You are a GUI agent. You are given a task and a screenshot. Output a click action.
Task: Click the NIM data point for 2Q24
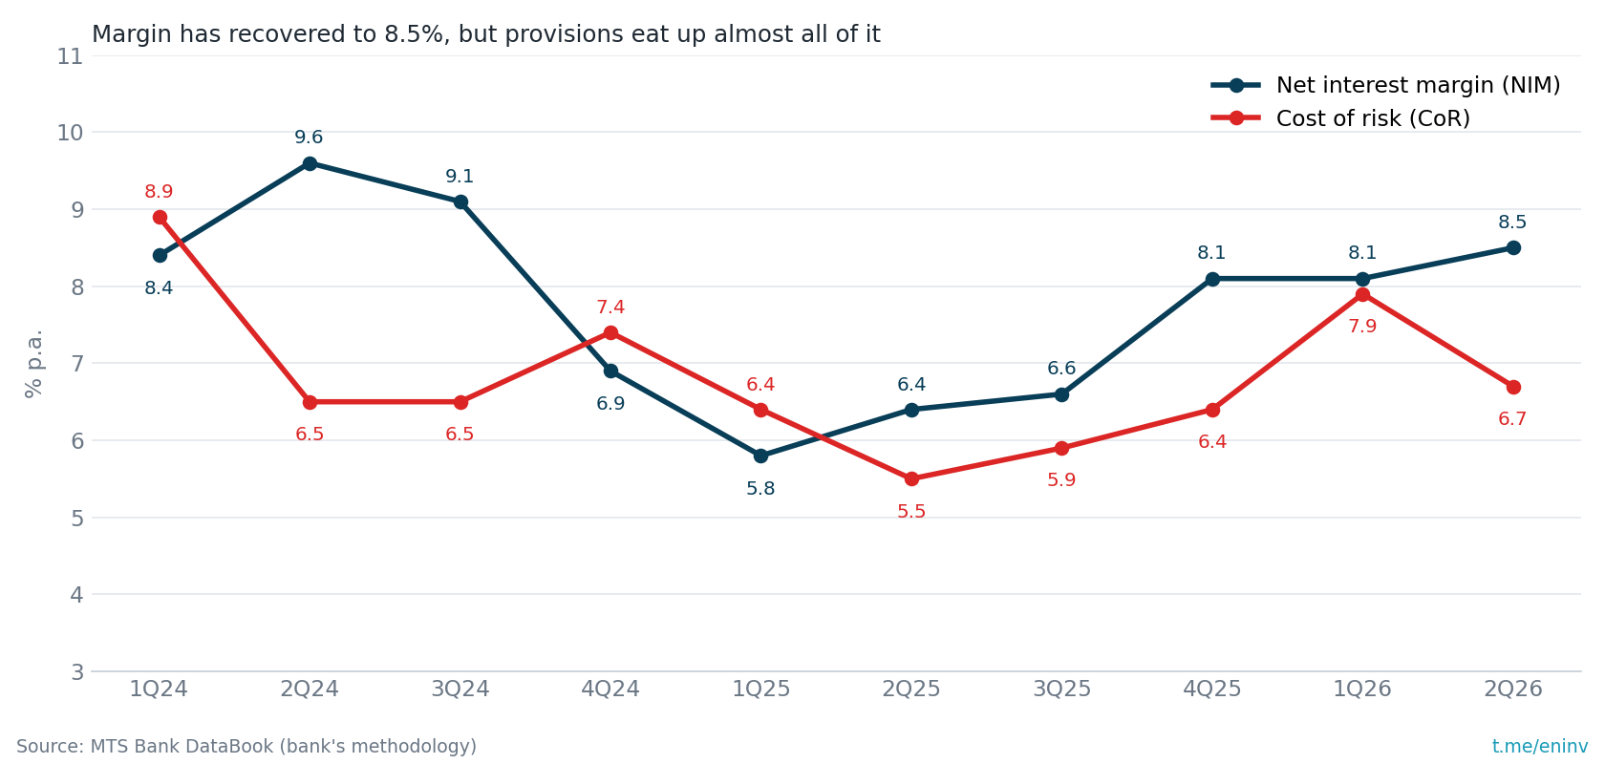pyautogui.click(x=310, y=164)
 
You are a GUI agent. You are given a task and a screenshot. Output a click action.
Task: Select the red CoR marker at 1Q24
pyautogui.click(x=160, y=218)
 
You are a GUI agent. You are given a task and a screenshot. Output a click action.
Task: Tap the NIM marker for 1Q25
pyautogui.click(x=760, y=456)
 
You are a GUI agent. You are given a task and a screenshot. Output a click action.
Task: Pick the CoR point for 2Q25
pyautogui.click(x=911, y=479)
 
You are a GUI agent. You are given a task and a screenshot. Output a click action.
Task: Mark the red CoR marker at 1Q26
pyautogui.click(x=1362, y=295)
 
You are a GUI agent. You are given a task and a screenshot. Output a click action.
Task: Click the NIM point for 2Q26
pyautogui.click(x=1513, y=248)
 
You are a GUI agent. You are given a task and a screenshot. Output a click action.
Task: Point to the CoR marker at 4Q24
pyautogui.click(x=610, y=333)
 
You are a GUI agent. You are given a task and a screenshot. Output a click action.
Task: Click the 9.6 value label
pyautogui.click(x=309, y=137)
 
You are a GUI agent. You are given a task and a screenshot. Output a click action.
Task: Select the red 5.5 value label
pyautogui.click(x=911, y=511)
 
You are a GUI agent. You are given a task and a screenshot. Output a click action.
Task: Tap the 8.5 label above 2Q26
pyautogui.click(x=1512, y=222)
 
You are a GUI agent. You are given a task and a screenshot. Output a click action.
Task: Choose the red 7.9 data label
pyautogui.click(x=1362, y=327)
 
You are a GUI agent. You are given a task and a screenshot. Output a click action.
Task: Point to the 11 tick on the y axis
pyautogui.click(x=71, y=56)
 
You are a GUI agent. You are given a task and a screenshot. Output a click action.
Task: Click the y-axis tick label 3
pyautogui.click(x=77, y=672)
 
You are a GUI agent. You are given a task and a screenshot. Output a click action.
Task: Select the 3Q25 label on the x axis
pyautogui.click(x=1062, y=689)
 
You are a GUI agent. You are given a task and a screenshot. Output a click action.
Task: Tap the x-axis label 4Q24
pyautogui.click(x=610, y=689)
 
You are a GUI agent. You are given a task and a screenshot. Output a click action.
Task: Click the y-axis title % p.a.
pyautogui.click(x=33, y=364)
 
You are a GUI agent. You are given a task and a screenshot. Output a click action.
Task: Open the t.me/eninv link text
pyautogui.click(x=1540, y=746)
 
